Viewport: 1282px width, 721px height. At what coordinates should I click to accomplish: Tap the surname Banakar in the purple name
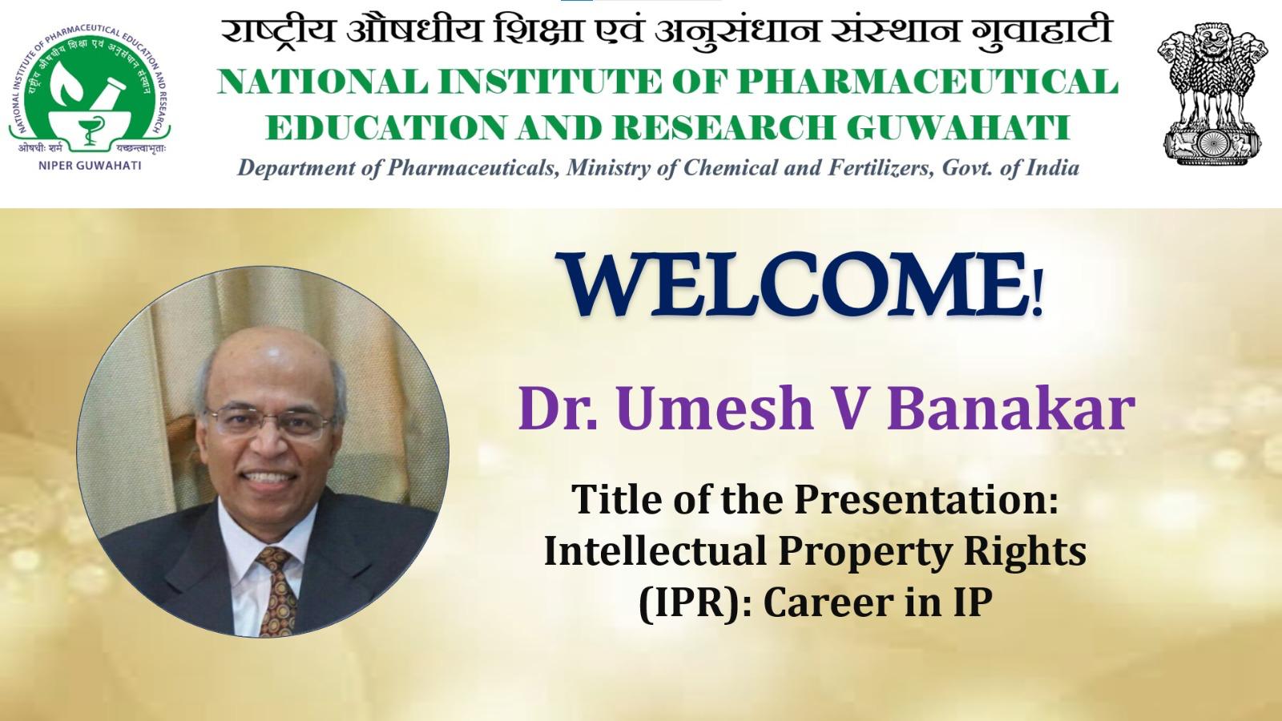point(1011,409)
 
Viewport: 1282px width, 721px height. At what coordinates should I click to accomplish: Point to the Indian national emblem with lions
point(1211,93)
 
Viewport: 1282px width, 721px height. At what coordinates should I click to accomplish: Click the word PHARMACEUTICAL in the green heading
point(926,82)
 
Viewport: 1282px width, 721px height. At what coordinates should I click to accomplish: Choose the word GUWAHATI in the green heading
point(958,127)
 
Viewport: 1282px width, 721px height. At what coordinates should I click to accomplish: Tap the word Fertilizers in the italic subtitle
point(882,168)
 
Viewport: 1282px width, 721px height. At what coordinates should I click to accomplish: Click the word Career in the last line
point(828,603)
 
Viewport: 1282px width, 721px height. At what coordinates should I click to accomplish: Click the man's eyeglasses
point(270,421)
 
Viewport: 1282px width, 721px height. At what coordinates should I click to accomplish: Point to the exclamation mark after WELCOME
point(1037,292)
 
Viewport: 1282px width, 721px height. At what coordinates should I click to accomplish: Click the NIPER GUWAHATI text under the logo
point(89,166)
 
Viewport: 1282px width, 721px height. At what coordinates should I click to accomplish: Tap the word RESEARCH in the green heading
point(724,127)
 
